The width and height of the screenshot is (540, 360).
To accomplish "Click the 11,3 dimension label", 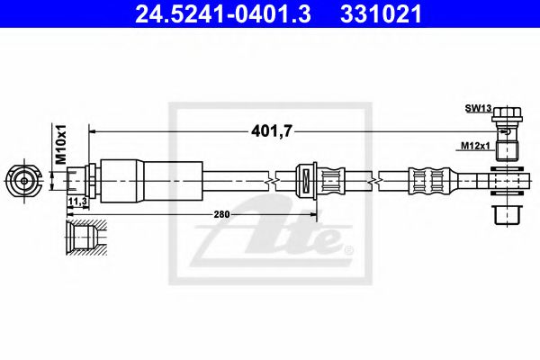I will point(76,202).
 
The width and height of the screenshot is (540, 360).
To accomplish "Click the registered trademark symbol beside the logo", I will point(349,249).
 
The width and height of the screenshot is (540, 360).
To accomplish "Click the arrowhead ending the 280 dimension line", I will point(313,213).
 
